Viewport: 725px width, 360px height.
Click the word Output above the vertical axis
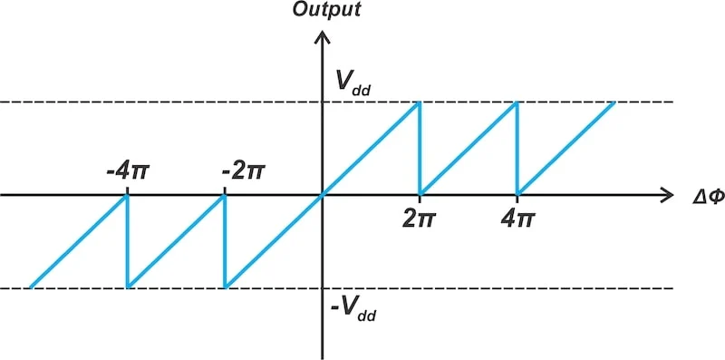click(327, 10)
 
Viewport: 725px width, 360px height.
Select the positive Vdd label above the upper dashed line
click(353, 83)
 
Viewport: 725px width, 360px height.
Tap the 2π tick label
click(419, 219)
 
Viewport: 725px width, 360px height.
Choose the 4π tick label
click(517, 219)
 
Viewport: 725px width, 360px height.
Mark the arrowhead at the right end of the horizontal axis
click(666, 195)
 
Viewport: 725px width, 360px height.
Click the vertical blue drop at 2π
click(419, 149)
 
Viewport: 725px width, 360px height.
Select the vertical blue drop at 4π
click(517, 149)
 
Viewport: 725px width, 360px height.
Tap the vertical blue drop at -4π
click(127, 241)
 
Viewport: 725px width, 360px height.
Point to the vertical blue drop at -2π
click(224, 241)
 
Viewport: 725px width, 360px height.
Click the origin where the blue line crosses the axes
click(322, 195)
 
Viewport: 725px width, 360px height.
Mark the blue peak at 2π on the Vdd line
click(419, 102)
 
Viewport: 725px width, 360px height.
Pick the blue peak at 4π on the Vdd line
click(517, 102)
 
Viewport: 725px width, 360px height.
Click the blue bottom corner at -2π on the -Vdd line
click(225, 287)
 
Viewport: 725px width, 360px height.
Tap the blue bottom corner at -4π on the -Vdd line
click(128, 287)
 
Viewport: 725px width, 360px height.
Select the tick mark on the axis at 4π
click(517, 199)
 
